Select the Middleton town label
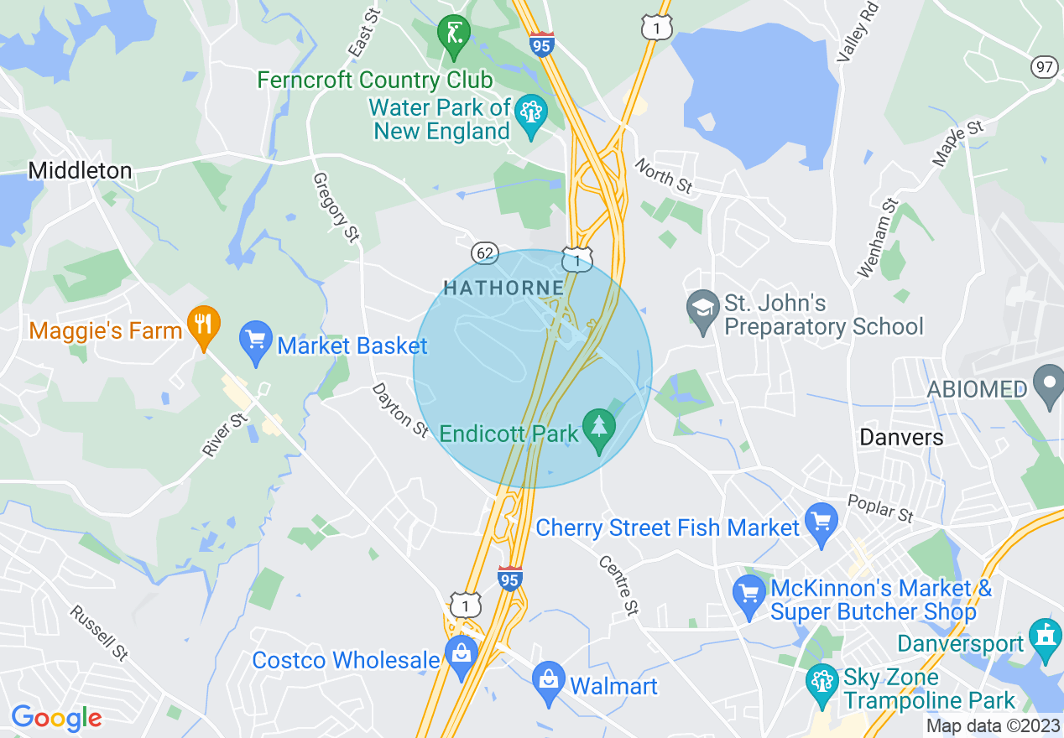point(80,171)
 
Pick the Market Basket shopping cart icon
point(255,342)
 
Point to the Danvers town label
point(901,437)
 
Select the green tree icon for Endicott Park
point(598,429)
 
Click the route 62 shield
point(486,252)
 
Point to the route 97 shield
point(1045,68)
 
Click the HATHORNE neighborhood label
point(503,288)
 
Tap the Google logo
point(56,718)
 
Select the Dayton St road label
point(400,408)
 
